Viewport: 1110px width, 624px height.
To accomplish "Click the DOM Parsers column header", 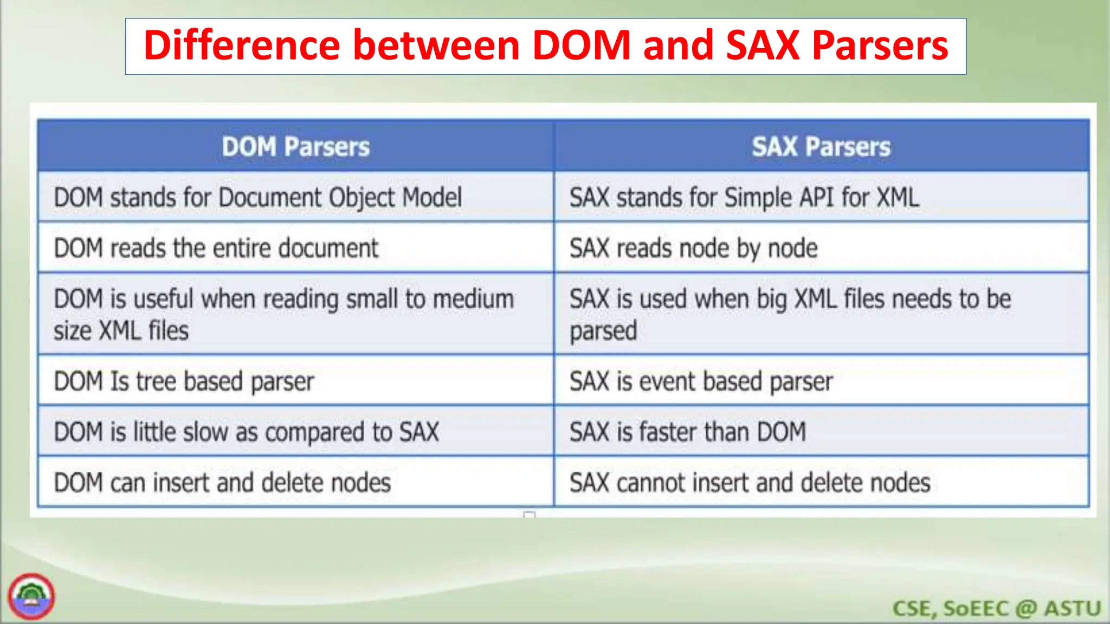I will pyautogui.click(x=295, y=147).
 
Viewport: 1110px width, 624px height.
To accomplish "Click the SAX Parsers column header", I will pyautogui.click(x=821, y=147).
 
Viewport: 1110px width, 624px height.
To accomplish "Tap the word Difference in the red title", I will pyautogui.click(x=241, y=45).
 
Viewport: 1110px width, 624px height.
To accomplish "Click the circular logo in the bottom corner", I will pyautogui.click(x=31, y=596).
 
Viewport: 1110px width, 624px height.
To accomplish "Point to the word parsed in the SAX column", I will pyautogui.click(x=603, y=331).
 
